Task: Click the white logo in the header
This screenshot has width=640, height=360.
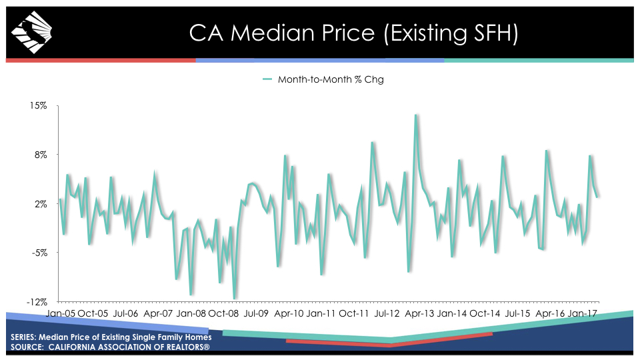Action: [x=31, y=32]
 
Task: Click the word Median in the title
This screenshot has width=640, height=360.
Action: [x=272, y=33]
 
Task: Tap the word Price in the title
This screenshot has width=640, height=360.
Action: [x=348, y=33]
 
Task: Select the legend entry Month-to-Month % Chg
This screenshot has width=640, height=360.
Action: [x=323, y=79]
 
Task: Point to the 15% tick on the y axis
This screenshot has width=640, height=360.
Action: [x=39, y=106]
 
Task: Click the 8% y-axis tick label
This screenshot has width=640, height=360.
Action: [x=41, y=155]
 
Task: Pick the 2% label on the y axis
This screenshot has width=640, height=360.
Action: [x=41, y=204]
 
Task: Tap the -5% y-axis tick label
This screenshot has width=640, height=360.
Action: [x=39, y=253]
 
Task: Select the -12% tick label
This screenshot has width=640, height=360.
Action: [x=37, y=302]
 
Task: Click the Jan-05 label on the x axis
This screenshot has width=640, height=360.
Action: [x=61, y=313]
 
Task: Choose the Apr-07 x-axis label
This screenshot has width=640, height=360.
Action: [x=159, y=313]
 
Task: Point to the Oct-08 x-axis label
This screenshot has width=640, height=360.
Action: [x=223, y=313]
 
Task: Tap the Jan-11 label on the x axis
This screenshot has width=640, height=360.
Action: [x=321, y=313]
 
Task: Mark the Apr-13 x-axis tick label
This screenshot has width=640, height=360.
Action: [x=419, y=313]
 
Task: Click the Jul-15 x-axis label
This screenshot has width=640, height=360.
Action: [x=517, y=313]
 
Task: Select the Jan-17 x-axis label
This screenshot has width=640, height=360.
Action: [x=583, y=313]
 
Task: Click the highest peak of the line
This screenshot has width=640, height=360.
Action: [x=416, y=115]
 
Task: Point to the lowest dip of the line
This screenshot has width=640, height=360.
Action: [x=234, y=299]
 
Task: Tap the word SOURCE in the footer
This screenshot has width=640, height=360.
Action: [x=27, y=347]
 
